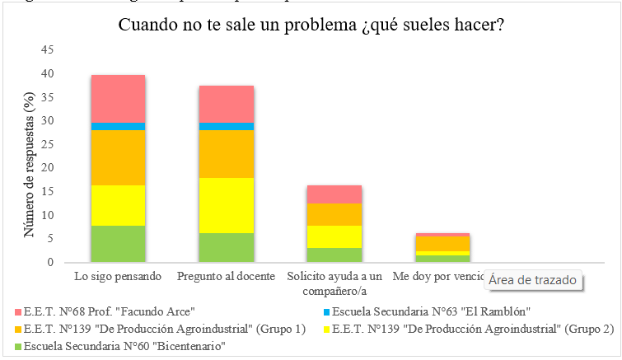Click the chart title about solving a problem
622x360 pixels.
click(x=311, y=26)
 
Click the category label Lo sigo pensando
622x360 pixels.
click(x=118, y=275)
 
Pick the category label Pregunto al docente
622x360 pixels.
click(x=226, y=275)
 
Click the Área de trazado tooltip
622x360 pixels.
click(x=532, y=280)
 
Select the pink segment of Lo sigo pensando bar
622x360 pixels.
click(x=118, y=98)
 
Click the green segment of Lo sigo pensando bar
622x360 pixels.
click(x=118, y=244)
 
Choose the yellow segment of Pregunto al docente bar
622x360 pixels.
click(x=226, y=205)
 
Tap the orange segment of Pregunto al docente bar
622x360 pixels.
click(x=226, y=154)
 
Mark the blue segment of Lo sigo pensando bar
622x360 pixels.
click(x=118, y=126)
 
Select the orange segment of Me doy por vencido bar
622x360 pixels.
click(x=442, y=244)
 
